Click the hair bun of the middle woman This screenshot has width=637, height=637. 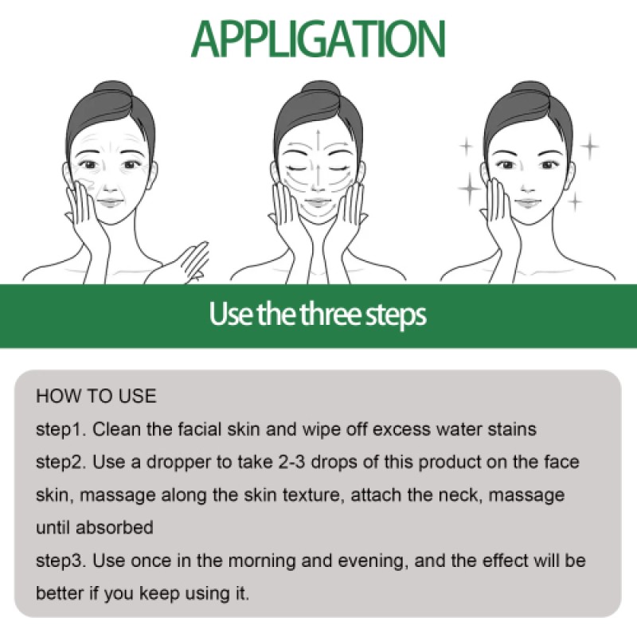[318, 90]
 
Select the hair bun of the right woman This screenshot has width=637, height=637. [526, 90]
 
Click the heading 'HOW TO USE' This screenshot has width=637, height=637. [96, 397]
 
